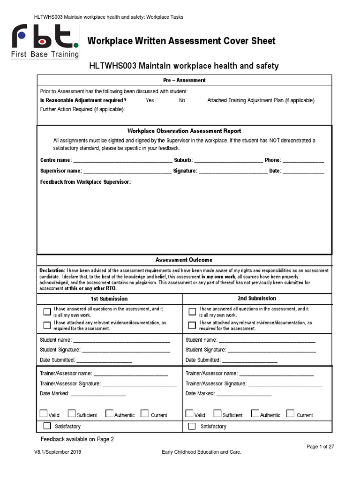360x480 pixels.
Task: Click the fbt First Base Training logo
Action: (45, 42)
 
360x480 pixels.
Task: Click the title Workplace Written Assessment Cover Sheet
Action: (181, 41)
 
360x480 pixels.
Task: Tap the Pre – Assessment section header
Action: (184, 80)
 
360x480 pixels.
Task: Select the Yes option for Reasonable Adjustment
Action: (150, 100)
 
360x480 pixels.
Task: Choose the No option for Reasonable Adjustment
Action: (182, 100)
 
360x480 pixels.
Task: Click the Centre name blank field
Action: (122, 161)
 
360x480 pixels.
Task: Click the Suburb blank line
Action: (228, 161)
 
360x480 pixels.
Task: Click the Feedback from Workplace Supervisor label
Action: (85, 182)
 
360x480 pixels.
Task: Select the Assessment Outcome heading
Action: (184, 260)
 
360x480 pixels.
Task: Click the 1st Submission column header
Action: (109, 299)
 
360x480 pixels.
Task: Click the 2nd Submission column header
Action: (256, 299)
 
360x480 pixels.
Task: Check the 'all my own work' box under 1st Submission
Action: (47, 312)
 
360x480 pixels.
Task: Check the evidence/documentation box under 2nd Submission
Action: (192, 325)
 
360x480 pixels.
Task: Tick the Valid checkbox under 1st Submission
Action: (44, 413)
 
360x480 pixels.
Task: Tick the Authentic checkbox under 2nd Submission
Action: (255, 413)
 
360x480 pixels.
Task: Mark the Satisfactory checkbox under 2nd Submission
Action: (192, 426)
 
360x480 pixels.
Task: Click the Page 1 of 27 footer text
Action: (320, 447)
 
